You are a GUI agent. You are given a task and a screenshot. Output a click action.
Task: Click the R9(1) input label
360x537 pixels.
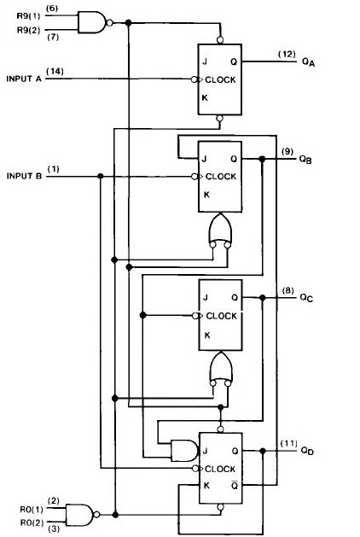(28, 15)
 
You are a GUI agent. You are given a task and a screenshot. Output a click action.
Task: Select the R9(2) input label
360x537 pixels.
(28, 30)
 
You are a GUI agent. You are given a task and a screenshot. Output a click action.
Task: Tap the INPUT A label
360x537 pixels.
(24, 79)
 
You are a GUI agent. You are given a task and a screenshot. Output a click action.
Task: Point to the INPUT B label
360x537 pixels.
(24, 176)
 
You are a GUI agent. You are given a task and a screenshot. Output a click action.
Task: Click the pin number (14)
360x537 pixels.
(55, 71)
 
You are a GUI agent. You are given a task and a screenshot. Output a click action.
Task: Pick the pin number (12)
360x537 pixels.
(287, 54)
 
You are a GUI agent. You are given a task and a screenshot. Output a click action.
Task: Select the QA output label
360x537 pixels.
(308, 62)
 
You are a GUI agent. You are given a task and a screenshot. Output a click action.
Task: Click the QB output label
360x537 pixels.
(305, 160)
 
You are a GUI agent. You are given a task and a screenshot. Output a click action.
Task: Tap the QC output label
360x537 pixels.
(306, 298)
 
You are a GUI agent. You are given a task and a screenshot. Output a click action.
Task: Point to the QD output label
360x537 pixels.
(307, 451)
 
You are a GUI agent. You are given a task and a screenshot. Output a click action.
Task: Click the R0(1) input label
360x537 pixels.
(32, 510)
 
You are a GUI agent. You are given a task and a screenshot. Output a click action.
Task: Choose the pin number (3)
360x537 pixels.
(54, 528)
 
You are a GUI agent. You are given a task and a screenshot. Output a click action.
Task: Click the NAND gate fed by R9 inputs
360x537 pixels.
(95, 22)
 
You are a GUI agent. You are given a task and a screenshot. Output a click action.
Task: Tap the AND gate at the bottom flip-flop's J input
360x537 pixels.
(184, 451)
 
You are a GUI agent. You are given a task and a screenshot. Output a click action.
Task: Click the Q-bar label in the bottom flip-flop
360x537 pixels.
(235, 485)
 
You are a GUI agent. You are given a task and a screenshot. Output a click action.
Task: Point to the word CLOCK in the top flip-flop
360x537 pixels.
(220, 79)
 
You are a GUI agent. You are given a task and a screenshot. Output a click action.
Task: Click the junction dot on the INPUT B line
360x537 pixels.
(101, 176)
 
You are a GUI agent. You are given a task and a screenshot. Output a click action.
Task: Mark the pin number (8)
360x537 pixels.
(287, 291)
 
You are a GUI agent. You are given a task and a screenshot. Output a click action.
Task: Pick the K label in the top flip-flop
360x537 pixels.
(205, 97)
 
